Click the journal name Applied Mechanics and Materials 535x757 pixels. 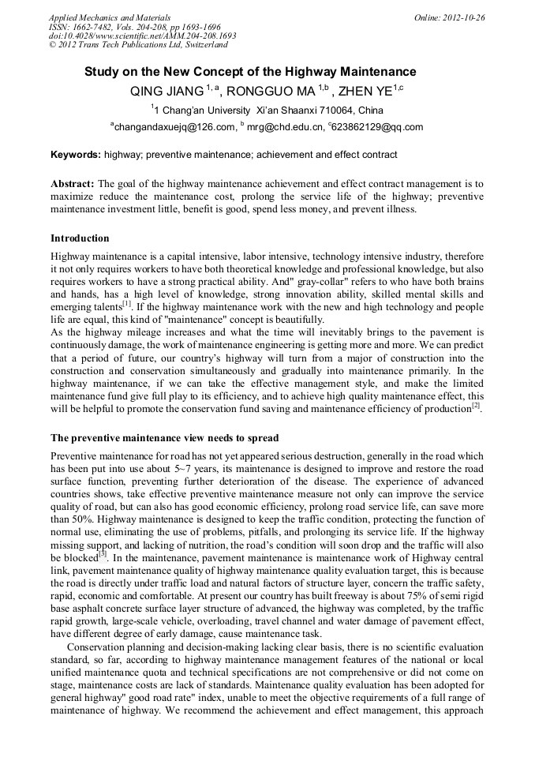109,17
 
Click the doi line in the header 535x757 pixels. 142,36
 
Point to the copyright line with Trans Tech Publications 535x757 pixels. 138,46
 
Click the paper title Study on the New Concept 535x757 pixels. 250,72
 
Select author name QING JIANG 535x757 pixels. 167,91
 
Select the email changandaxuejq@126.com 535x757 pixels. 175,127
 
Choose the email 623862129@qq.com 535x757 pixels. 378,127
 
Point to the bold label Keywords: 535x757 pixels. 76,155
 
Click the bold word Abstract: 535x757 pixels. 73,183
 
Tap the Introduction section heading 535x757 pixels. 80,238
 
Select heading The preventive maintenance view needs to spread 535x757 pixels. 164,438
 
